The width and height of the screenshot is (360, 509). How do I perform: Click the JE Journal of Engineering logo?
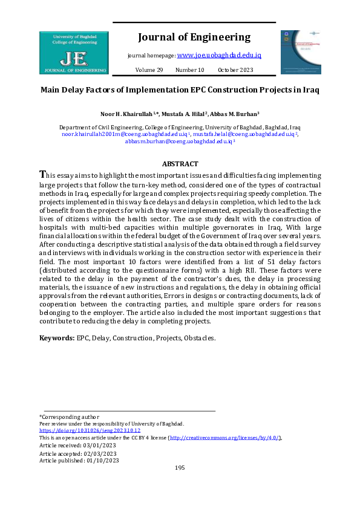point(73,53)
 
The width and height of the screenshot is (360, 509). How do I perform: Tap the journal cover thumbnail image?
point(300,53)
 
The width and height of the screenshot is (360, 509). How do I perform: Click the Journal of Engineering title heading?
point(194,37)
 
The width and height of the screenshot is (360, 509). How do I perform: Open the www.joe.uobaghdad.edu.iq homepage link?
point(219,55)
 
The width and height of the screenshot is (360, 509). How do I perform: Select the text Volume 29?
point(149,70)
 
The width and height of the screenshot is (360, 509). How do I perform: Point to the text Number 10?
point(190,70)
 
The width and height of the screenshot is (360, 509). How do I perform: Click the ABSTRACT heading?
point(180,164)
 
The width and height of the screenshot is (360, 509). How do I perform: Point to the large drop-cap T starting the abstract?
point(42,174)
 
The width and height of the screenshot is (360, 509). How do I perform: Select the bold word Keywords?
point(57,338)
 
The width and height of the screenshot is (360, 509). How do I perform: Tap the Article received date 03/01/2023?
point(99,446)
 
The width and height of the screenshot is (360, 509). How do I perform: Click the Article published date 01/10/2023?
point(102,460)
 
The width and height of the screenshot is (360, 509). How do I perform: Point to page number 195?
point(180,468)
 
